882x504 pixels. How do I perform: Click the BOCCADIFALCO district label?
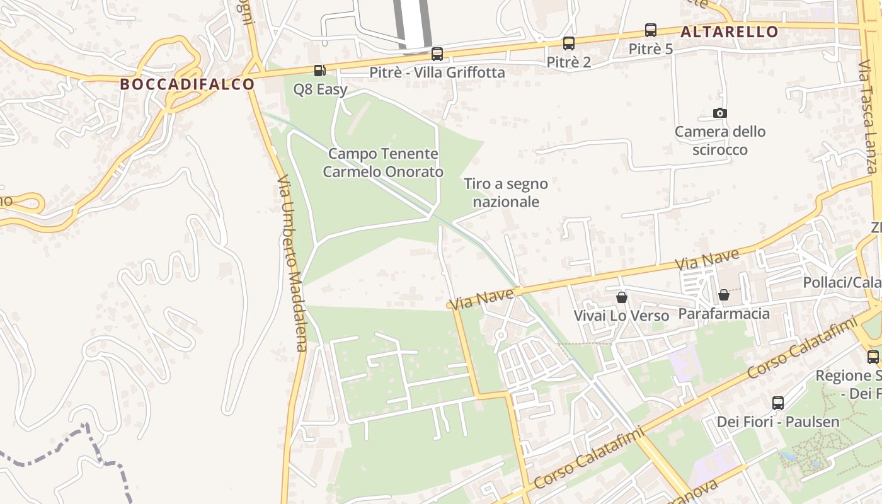pos(187,84)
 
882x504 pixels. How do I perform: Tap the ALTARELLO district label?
pos(730,31)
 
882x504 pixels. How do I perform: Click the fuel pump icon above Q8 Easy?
pos(320,71)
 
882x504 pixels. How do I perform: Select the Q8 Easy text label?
pos(320,89)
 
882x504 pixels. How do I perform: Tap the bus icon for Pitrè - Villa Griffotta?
pos(437,54)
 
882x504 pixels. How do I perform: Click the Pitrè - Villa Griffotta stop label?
pos(437,72)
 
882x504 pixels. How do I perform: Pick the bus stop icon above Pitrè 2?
pos(569,43)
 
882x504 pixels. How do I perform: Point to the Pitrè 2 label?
pos(569,62)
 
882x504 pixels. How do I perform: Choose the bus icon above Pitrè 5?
pos(651,30)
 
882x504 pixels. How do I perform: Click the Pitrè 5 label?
pos(651,49)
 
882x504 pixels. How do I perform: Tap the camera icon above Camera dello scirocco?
pos(720,113)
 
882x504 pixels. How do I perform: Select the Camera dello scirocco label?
pos(720,140)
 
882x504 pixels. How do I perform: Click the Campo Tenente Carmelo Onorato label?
pos(383,163)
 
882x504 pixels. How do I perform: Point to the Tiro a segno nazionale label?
pos(506,193)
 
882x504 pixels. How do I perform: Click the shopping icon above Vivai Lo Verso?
pos(622,297)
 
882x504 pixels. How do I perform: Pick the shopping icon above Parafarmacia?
pos(724,295)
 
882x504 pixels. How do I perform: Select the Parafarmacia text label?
pos(724,313)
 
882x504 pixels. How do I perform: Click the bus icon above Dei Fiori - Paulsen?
pos(778,403)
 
